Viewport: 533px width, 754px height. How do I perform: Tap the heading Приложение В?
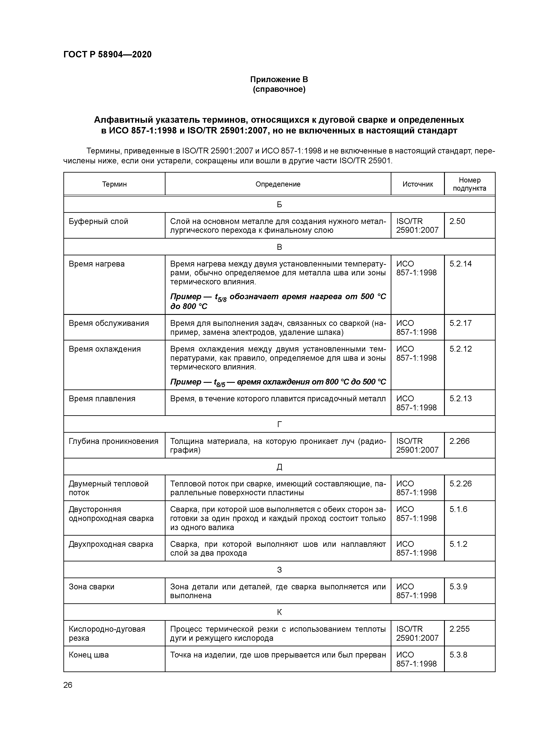pos(279,80)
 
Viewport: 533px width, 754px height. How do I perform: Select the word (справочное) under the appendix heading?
pos(279,89)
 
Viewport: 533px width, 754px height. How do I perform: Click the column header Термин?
pos(114,184)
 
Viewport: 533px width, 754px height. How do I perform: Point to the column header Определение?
pos(278,184)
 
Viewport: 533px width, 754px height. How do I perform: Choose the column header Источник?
pos(417,184)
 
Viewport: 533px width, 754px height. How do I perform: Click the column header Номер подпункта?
pos(469,184)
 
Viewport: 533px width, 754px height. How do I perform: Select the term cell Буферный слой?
pos(98,221)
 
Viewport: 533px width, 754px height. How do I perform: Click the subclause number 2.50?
pos(457,221)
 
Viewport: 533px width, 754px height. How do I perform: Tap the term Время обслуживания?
pos(109,323)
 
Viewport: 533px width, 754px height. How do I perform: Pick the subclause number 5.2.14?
pos(460,264)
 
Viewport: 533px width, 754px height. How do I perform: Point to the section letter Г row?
pos(279,424)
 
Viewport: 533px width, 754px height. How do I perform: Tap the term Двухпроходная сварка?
pos(111,544)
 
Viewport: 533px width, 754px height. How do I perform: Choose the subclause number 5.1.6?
pos(458,509)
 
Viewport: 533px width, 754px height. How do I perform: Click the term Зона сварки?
pos(91,587)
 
